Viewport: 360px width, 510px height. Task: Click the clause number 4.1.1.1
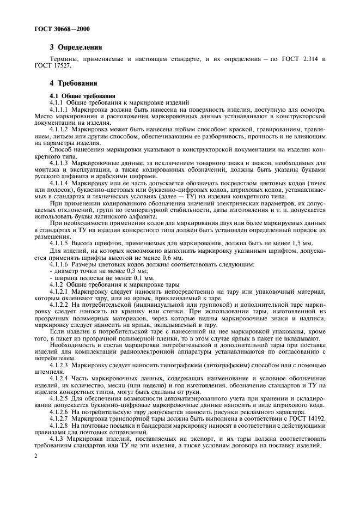pyautogui.click(x=59, y=110)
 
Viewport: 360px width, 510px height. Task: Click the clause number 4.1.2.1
pyautogui.click(x=59, y=292)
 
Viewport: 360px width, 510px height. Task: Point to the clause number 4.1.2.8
pyautogui.click(x=59, y=426)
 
